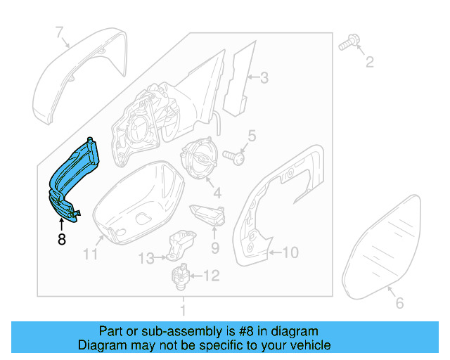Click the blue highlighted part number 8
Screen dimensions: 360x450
click(73, 176)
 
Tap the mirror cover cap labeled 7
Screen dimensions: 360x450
click(77, 77)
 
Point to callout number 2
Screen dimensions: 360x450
click(368, 64)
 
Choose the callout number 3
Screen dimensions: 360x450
click(264, 78)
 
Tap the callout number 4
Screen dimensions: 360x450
click(217, 192)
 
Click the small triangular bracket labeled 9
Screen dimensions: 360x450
click(207, 212)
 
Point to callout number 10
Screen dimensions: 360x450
click(291, 251)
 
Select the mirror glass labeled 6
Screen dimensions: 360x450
click(388, 243)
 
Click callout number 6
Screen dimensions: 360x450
click(399, 304)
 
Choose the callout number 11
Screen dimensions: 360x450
click(90, 254)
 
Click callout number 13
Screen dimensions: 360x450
click(145, 259)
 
